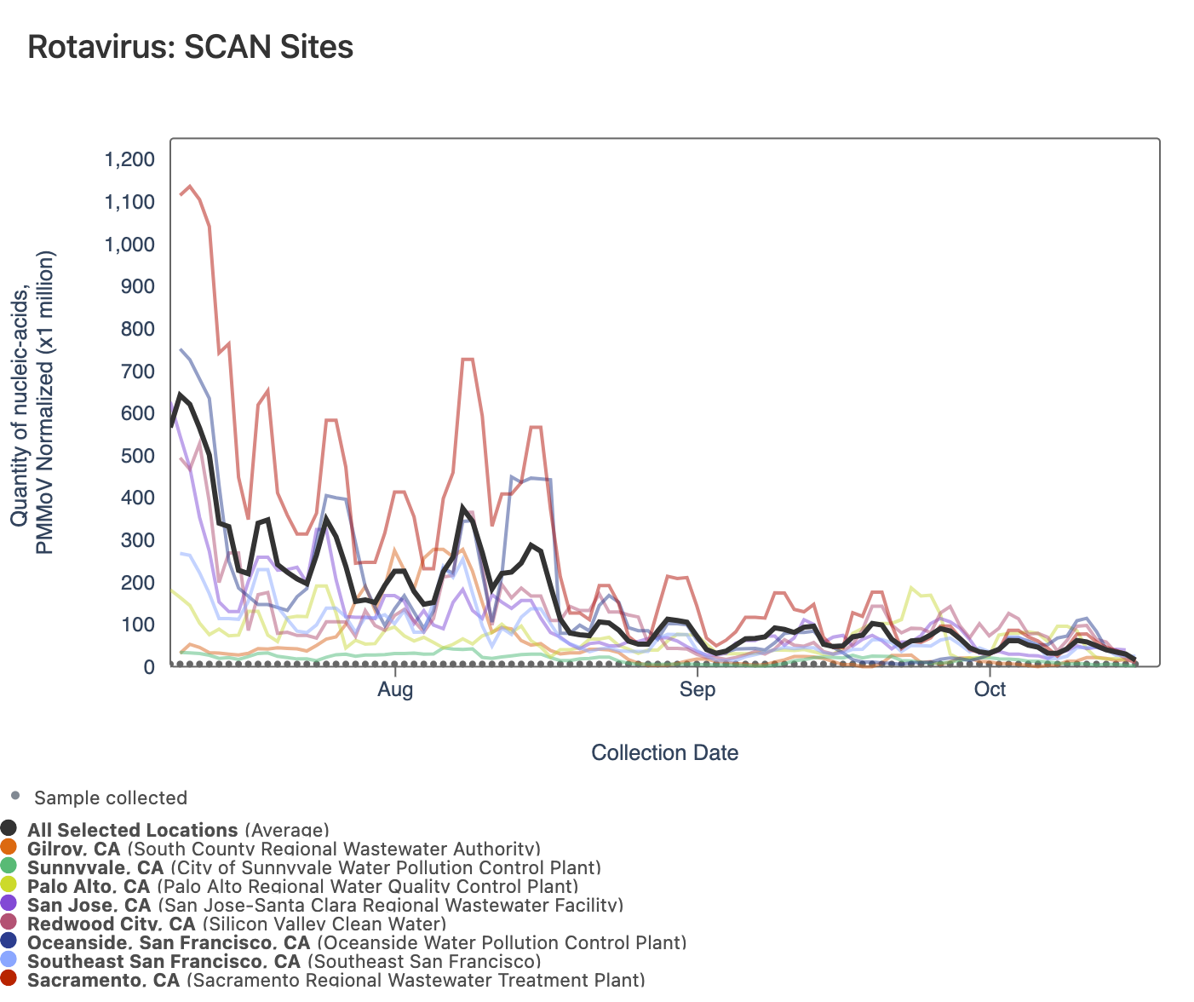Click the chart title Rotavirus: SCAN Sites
pos(190,47)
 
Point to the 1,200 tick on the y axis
pos(129,160)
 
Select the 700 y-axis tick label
pos(137,371)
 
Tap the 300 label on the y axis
pos(137,540)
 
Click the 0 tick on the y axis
pos(149,667)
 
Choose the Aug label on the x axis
pos(395,689)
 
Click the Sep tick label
pos(697,689)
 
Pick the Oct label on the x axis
pos(990,689)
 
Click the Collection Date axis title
pos(664,753)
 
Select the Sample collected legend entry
pos(110,798)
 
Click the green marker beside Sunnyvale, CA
pos(9,867)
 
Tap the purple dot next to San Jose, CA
pos(9,905)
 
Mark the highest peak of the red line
pos(190,186)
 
